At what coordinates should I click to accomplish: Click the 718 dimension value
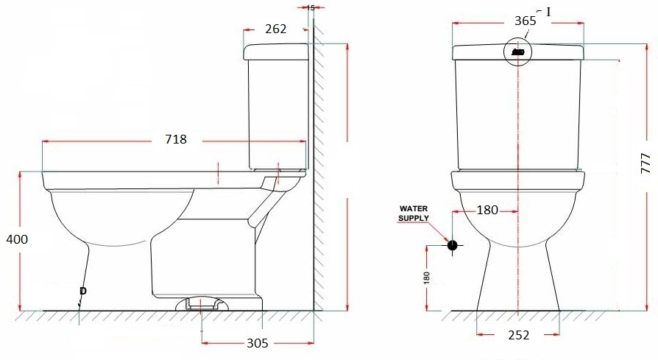point(175,139)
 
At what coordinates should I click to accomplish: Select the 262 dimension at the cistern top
point(276,29)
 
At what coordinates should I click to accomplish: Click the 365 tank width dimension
point(525,21)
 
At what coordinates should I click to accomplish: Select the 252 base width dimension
point(518,335)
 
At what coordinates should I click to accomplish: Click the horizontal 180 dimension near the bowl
point(487,211)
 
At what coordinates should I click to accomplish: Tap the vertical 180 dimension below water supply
point(427,278)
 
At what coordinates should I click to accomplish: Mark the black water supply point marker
point(452,245)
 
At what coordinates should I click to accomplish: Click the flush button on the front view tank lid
point(518,52)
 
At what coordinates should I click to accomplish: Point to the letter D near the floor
point(82,292)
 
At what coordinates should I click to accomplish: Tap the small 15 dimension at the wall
point(310,7)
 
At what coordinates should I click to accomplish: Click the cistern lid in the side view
point(276,52)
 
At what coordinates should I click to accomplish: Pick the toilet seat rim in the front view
point(518,180)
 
